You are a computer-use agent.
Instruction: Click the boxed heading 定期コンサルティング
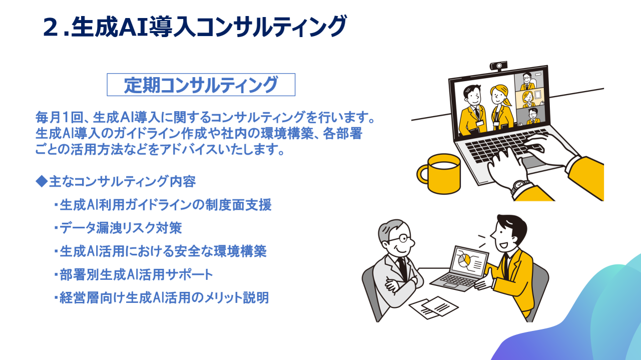201,85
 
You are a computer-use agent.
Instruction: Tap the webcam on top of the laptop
498,66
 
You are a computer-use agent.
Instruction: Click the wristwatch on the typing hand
521,188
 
